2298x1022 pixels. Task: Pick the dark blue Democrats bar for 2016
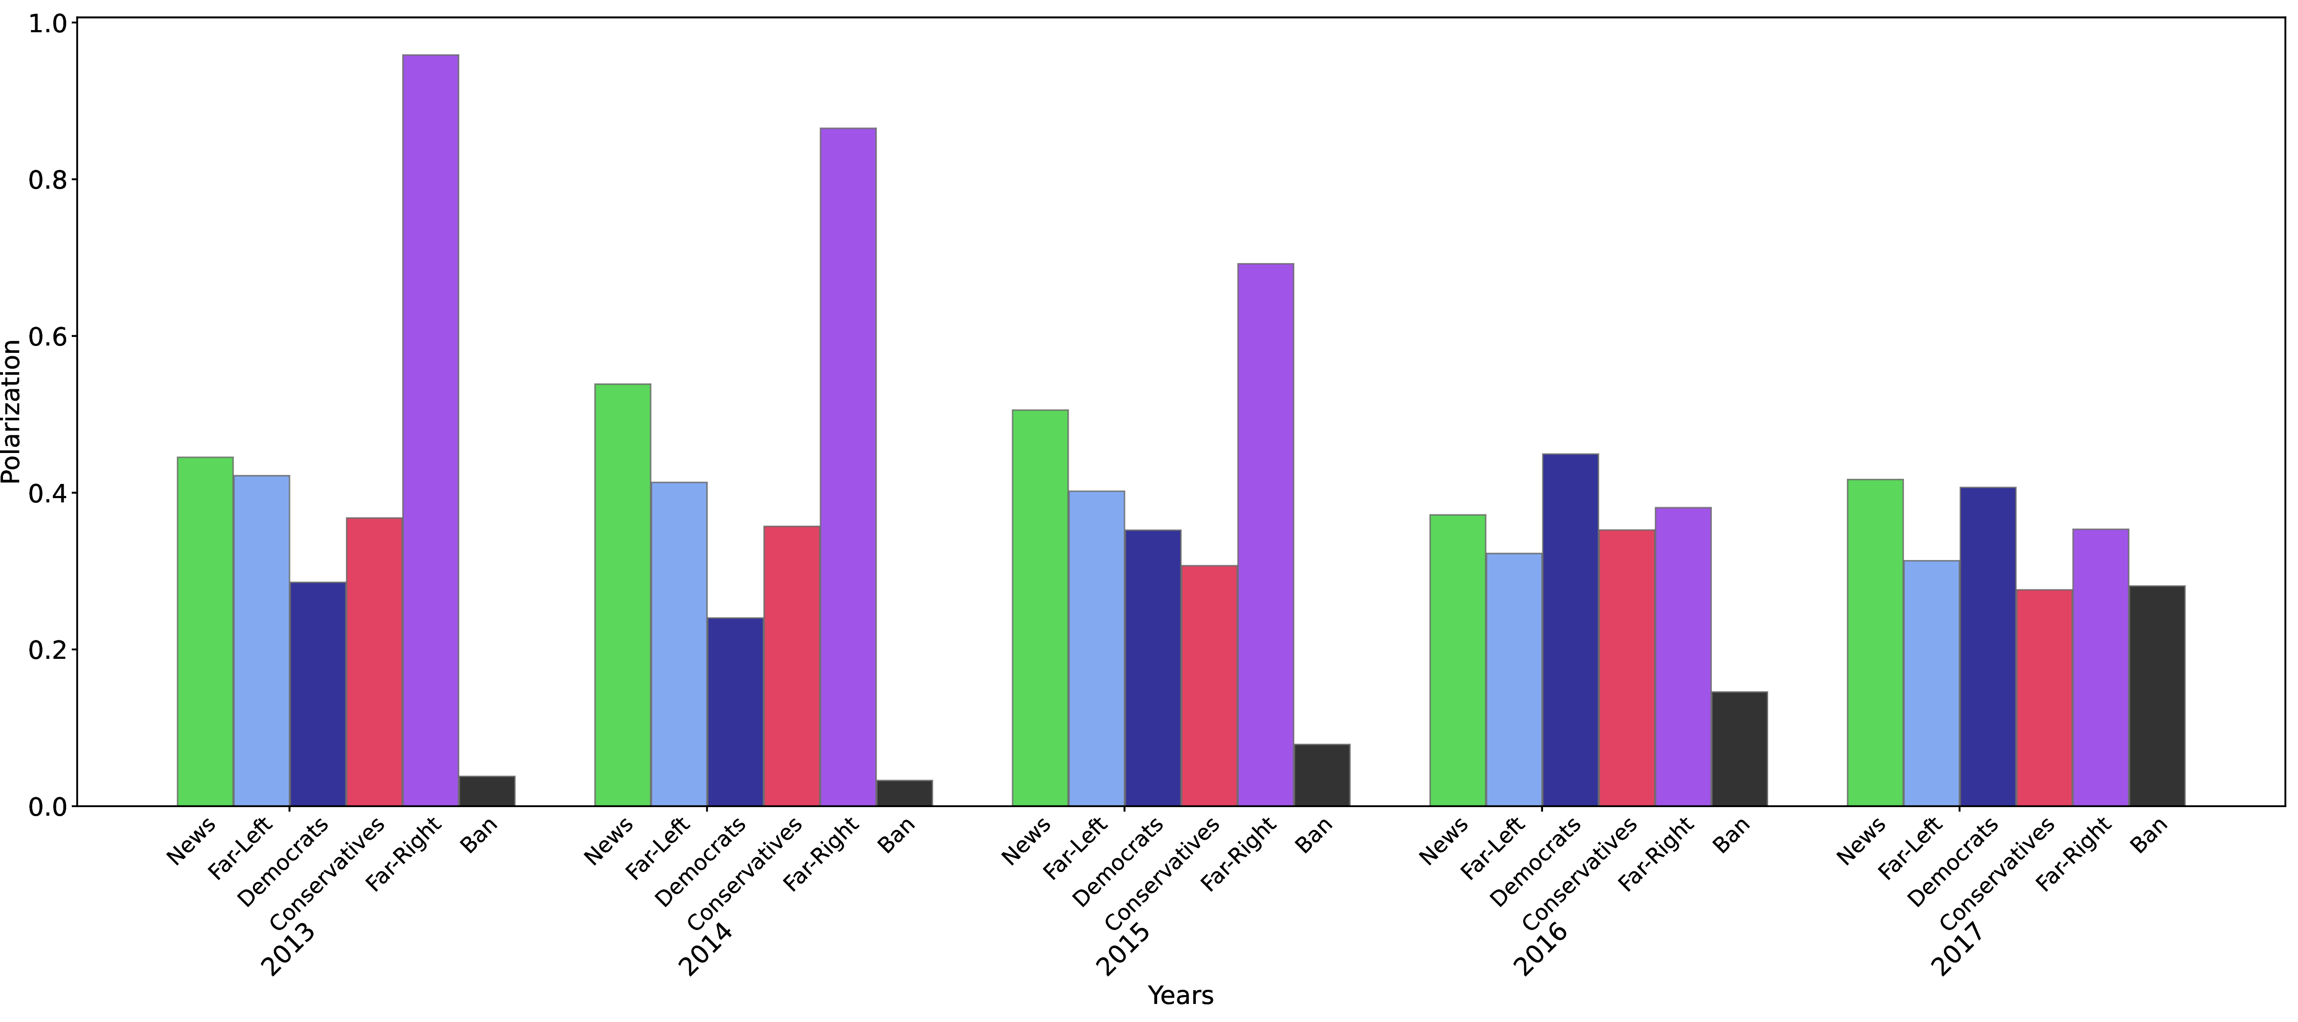tap(1570, 629)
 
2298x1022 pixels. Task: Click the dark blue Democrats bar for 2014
tap(735, 711)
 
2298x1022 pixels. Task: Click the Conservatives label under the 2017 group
tap(1996, 873)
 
